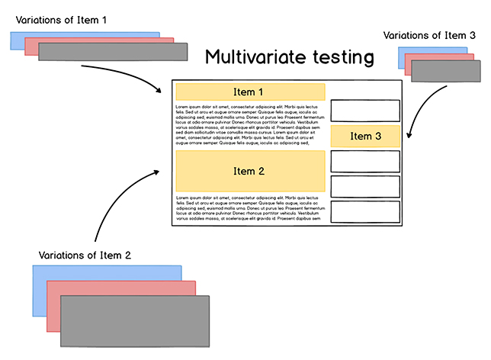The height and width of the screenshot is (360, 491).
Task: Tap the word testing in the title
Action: tap(346, 57)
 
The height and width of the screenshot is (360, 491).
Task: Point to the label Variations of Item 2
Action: tap(85, 255)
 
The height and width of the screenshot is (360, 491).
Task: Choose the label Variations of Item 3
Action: tap(430, 35)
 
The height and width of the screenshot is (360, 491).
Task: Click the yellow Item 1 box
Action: tap(250, 92)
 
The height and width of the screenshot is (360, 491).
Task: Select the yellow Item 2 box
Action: tap(250, 171)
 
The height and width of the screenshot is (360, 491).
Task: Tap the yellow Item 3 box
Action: tap(365, 136)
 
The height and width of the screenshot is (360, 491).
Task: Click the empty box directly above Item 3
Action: tap(365, 110)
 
